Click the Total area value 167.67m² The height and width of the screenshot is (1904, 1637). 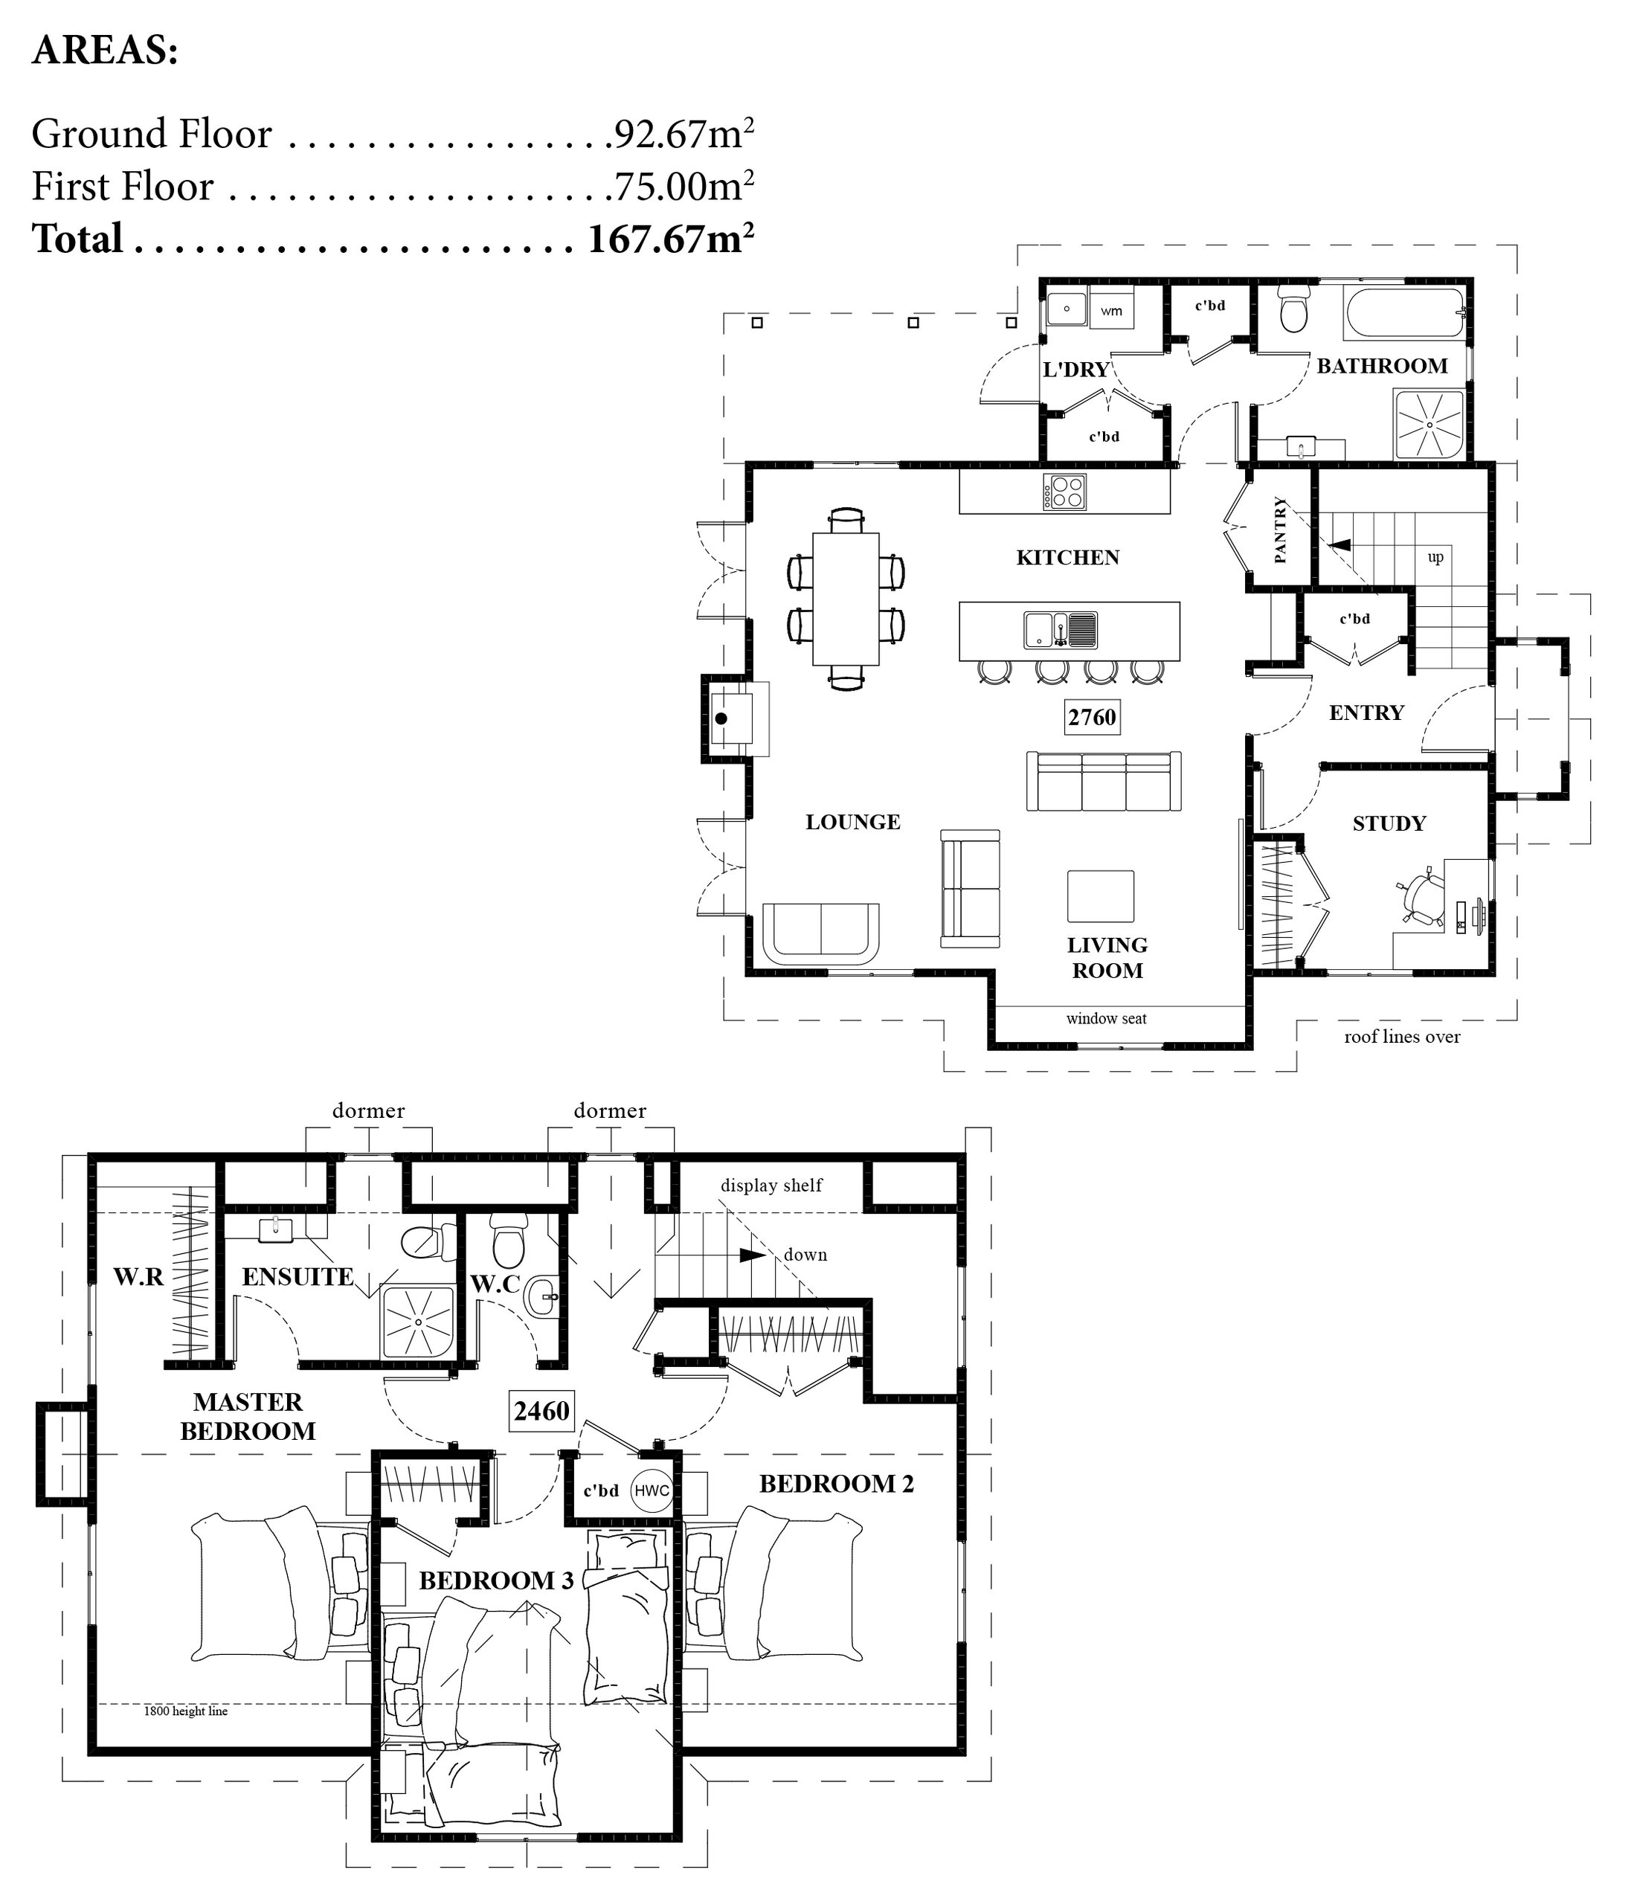coord(670,239)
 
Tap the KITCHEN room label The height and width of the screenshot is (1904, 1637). coord(1067,558)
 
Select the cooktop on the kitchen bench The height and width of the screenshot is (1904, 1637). coord(1064,492)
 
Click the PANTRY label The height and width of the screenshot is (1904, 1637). coord(1281,530)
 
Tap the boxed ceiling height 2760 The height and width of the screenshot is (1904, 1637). coord(1092,717)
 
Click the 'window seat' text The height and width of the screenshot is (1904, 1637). coord(1106,1018)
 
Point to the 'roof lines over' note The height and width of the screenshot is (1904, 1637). coord(1402,1037)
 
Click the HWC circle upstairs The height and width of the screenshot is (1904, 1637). coord(652,1490)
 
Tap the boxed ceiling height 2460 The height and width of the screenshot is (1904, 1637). coord(542,1411)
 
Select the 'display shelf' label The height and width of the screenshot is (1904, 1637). coord(771,1186)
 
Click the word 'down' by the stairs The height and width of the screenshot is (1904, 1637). coord(805,1255)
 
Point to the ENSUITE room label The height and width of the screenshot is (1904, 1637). coord(298,1276)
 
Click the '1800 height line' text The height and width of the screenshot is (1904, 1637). coord(186,1711)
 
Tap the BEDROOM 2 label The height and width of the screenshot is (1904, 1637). coord(837,1484)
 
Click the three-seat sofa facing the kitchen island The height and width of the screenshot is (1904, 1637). coord(1104,781)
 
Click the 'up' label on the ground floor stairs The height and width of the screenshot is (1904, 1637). coord(1435,557)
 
